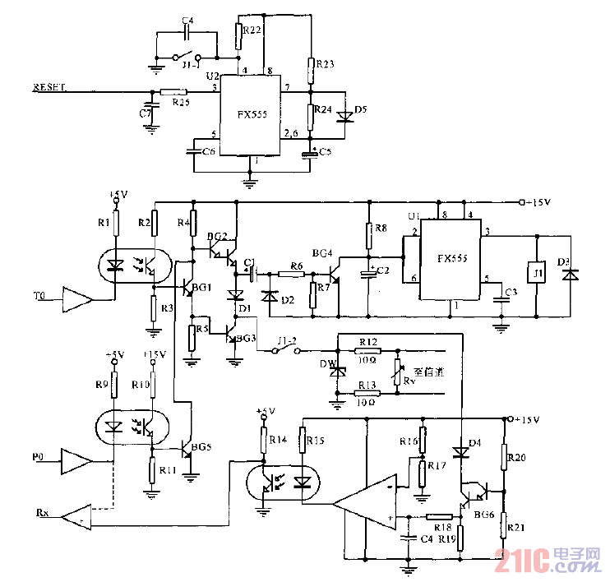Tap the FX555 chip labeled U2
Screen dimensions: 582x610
(x=250, y=116)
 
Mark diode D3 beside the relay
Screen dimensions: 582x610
(x=566, y=274)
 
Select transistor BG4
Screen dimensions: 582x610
(x=335, y=268)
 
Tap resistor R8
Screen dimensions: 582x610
(x=369, y=233)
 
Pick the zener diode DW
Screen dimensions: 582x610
(x=335, y=371)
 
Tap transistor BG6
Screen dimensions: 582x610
(x=475, y=496)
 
